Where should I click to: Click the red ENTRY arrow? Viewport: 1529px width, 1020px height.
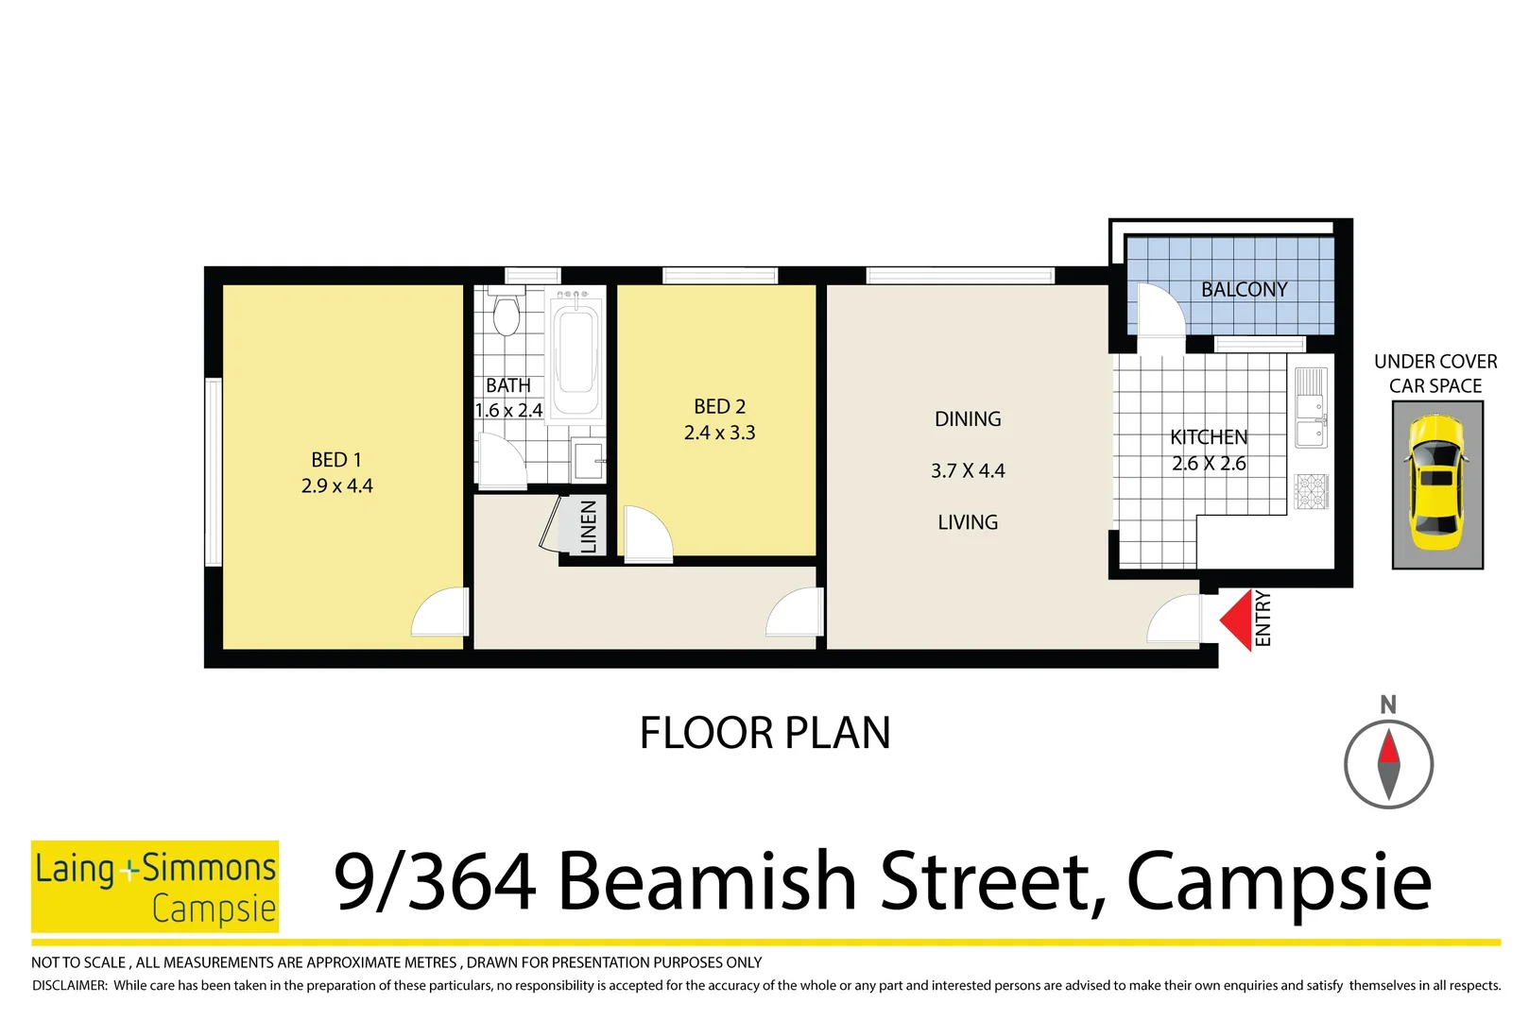[1236, 620]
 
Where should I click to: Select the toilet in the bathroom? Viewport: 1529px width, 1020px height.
[507, 316]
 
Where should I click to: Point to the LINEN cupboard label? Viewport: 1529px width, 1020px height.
[589, 527]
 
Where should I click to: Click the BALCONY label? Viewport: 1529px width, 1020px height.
[1244, 290]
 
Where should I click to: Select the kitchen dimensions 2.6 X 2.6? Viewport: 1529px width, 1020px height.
[1209, 464]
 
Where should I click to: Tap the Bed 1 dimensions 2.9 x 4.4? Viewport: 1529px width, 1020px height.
[336, 486]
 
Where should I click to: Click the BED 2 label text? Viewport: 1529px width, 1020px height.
[719, 407]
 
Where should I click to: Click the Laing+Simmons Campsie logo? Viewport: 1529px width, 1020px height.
[155, 886]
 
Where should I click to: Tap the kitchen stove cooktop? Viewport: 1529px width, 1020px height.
[1311, 491]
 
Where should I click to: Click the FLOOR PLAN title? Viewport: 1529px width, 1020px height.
[764, 733]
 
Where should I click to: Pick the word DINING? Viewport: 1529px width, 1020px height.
[968, 419]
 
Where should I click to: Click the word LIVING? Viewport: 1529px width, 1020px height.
[968, 522]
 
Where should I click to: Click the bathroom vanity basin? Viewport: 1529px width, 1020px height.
[588, 462]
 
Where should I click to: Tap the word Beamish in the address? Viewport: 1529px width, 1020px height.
[707, 882]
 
